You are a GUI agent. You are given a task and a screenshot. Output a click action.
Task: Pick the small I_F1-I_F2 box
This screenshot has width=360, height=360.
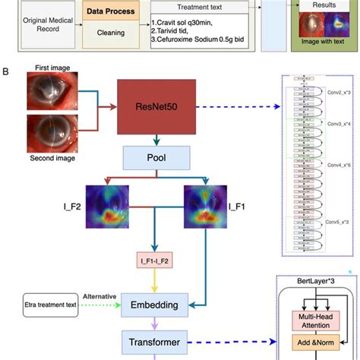[x=156, y=262]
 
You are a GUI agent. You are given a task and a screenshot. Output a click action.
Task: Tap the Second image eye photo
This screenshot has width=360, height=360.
[x=52, y=134]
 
